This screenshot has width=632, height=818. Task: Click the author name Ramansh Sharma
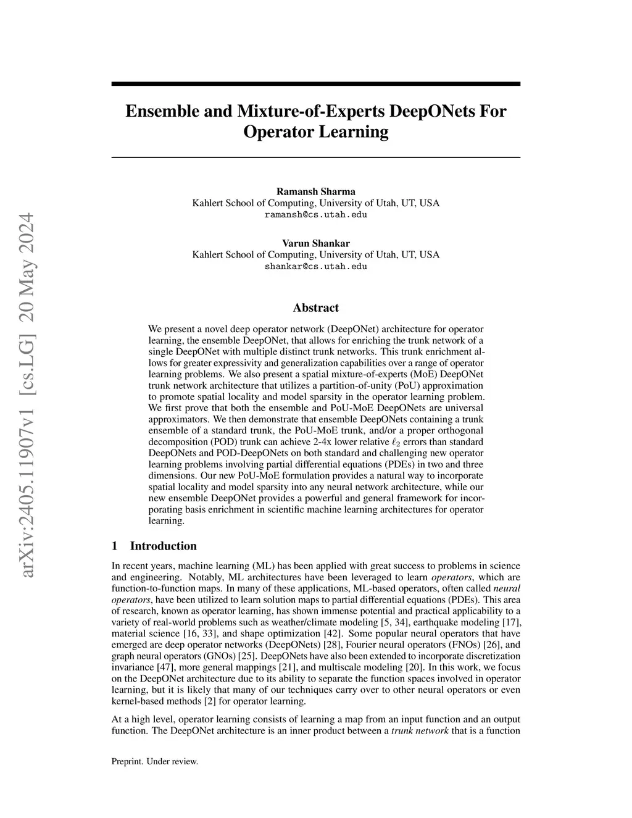pyautogui.click(x=315, y=191)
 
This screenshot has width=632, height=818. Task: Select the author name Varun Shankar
pyautogui.click(x=315, y=243)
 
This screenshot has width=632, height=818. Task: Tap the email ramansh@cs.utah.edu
pyautogui.click(x=315, y=215)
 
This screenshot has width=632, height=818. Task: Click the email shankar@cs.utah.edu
pyautogui.click(x=315, y=266)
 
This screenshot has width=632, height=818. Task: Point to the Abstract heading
pyautogui.click(x=315, y=307)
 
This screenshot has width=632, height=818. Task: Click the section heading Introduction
pyautogui.click(x=163, y=546)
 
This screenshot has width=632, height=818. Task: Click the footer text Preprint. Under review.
pyautogui.click(x=154, y=761)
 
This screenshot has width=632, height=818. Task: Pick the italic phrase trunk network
pyautogui.click(x=420, y=731)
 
